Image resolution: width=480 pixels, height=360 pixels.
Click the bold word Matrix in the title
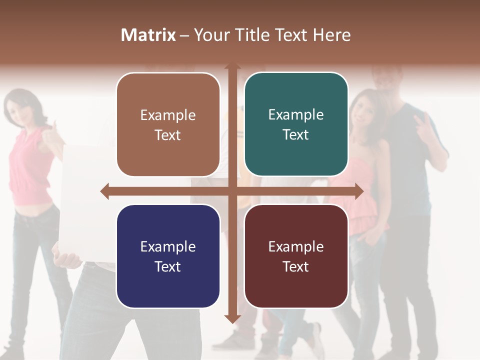click(148, 35)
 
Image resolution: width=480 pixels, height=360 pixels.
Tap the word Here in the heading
click(331, 35)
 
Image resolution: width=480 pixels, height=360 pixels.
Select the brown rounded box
click(168, 124)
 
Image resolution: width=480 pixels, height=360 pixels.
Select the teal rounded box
click(296, 124)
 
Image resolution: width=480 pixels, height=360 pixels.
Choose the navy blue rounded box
click(168, 256)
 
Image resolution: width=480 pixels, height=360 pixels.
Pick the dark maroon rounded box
click(296, 256)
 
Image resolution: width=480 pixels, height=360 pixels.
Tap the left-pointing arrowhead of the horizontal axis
click(104, 191)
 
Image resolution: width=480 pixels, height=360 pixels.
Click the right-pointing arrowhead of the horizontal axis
click(358, 191)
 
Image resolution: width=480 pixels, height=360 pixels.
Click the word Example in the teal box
click(296, 115)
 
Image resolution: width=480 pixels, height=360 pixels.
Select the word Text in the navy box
click(168, 266)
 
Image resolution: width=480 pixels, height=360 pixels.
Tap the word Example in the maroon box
click(296, 246)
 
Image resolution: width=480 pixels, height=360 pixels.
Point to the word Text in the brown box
click(168, 135)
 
